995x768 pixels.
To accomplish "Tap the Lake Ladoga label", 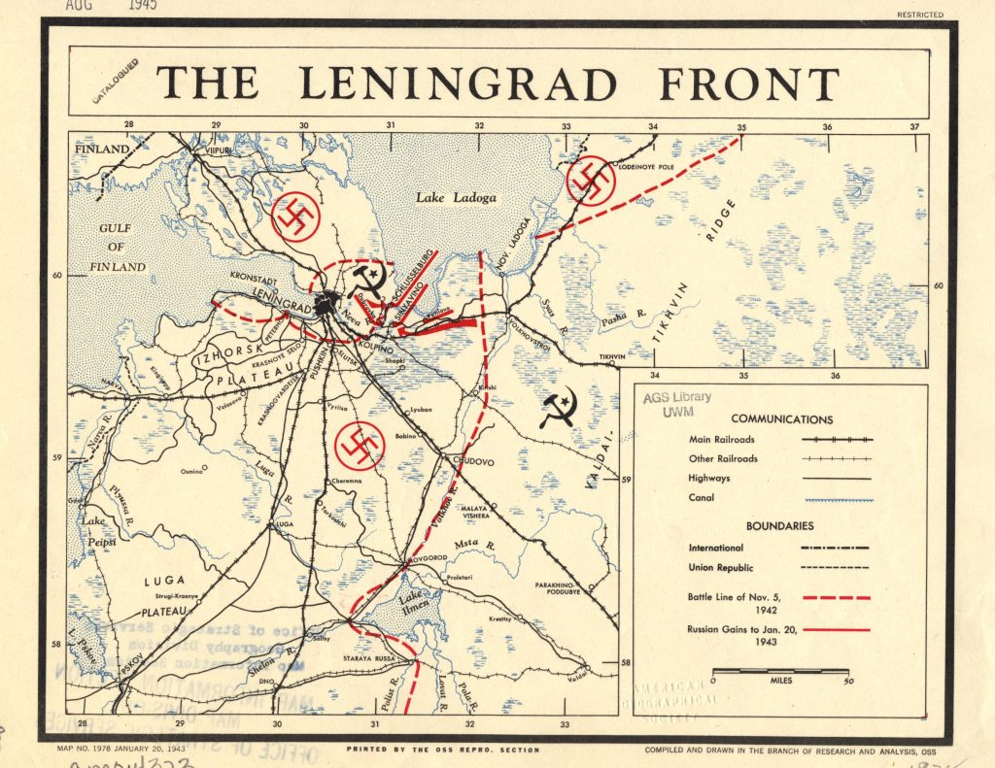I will tap(456, 198).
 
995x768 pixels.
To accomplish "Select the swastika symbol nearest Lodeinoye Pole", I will tap(590, 180).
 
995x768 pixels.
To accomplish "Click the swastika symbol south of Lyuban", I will tap(360, 445).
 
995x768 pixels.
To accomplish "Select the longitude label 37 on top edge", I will tap(913, 126).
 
